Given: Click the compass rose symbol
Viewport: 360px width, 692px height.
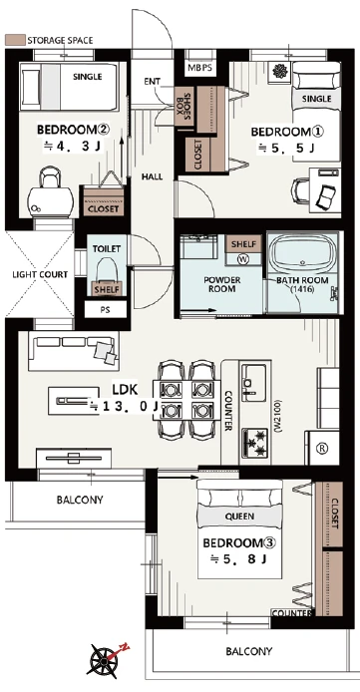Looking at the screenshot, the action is coord(104,661).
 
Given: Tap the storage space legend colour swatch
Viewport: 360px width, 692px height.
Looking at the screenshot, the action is coord(15,40).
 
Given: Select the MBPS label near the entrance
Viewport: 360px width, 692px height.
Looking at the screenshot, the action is coord(200,69).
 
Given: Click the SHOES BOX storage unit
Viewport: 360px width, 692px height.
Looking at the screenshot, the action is coord(183,106).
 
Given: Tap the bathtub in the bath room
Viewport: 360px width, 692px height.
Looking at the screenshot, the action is coord(302,255).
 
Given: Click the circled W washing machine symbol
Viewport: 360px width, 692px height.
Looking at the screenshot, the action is coord(243,259).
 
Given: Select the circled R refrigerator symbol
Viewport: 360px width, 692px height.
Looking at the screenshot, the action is coord(323,449).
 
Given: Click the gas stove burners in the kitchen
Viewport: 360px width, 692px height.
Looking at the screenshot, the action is coord(255,443).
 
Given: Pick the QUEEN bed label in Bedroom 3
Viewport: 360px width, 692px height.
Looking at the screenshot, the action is coord(239,517).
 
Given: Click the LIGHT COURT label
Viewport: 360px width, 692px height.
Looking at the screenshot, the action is coord(40,274).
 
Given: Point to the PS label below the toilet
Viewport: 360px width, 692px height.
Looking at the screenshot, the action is coord(105,310).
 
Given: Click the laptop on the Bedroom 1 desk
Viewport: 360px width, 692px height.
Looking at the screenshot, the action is coord(327,196).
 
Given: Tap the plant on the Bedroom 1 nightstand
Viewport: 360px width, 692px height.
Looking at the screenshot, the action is coord(279,71).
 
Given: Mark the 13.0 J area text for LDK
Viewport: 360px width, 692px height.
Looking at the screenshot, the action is coord(125,406).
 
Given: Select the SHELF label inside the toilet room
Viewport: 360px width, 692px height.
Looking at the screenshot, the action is coord(107,289).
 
